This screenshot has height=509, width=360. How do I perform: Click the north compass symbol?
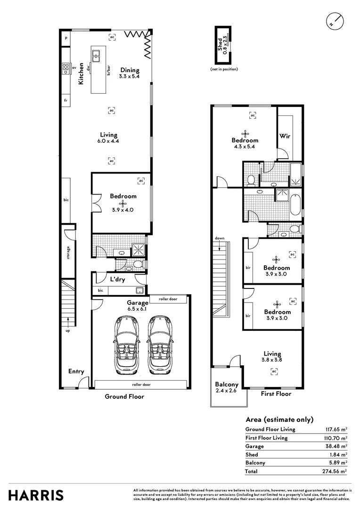(335, 21)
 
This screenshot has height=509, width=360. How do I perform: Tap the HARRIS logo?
(36, 496)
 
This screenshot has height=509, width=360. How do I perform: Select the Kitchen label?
(81, 74)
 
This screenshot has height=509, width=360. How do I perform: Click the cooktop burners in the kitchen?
(65, 68)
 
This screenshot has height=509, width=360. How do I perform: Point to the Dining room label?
(130, 70)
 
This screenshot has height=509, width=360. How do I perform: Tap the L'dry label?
(117, 279)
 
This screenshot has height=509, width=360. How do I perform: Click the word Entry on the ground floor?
(76, 371)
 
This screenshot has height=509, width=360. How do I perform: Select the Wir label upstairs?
(285, 136)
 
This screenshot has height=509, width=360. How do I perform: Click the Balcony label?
(227, 384)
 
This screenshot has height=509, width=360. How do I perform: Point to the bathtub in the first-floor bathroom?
(295, 205)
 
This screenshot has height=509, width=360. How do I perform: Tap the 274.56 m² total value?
(335, 471)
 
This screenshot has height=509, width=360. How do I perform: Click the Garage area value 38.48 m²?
(336, 446)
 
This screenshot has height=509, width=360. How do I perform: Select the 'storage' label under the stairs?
(68, 253)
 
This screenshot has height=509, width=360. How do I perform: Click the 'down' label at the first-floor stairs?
(220, 238)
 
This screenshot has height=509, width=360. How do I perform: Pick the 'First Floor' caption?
(276, 394)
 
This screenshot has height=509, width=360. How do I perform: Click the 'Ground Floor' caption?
(124, 396)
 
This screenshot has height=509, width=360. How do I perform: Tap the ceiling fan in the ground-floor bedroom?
(123, 204)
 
